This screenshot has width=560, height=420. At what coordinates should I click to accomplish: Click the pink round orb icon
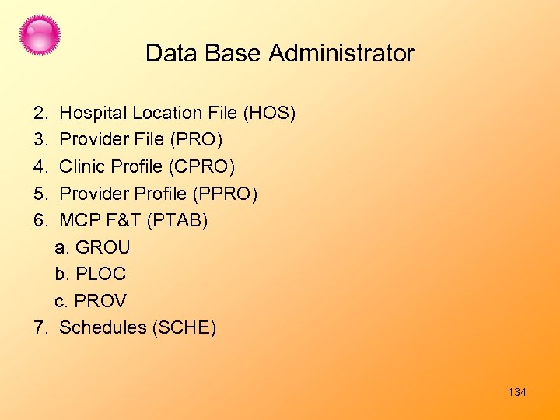40,35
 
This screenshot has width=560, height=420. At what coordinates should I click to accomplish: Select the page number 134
517,392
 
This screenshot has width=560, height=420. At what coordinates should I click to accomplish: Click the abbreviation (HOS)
270,114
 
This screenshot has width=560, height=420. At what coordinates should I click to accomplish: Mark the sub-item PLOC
100,274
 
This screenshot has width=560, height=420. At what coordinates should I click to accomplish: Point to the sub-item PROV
100,301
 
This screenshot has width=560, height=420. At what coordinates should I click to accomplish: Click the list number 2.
40,114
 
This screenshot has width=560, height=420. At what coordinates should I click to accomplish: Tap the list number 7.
40,327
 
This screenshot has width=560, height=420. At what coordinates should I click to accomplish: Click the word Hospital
93,114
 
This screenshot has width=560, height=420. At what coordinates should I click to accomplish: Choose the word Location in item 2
164,114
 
